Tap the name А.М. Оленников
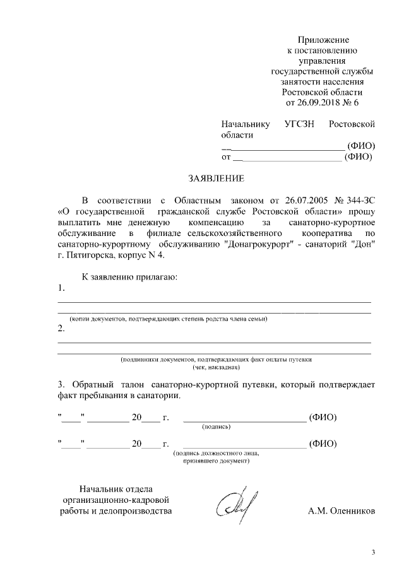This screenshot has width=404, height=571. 342,510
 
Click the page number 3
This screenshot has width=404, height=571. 373,553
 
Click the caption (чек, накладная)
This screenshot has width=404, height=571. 215,367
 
